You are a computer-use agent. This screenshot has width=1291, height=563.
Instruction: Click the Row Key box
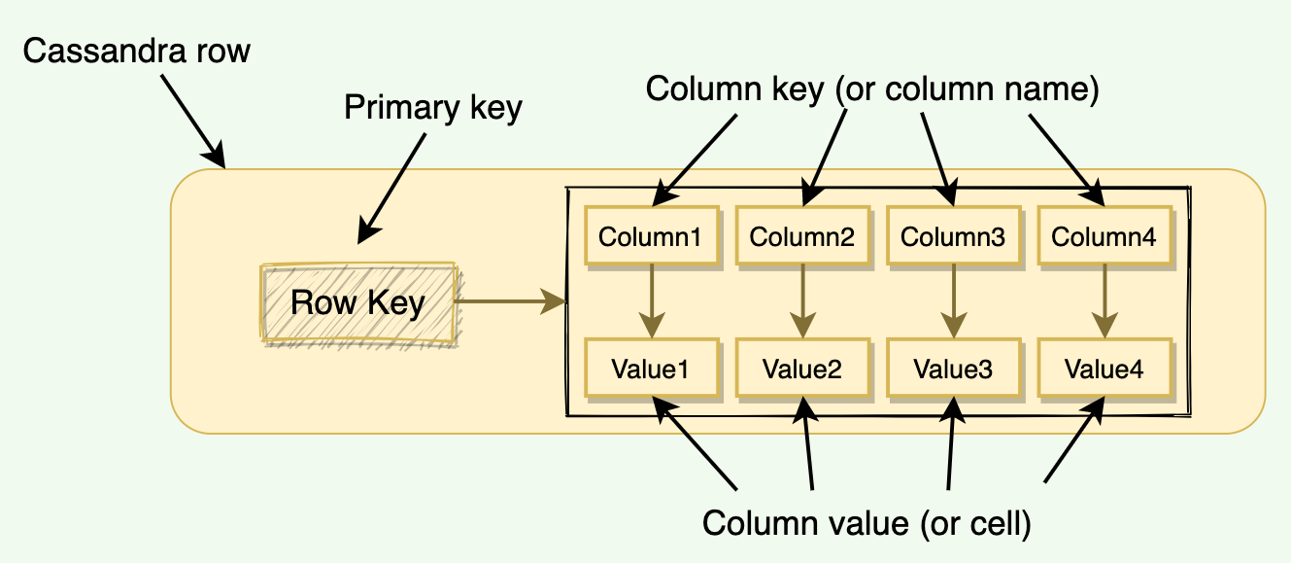(357, 302)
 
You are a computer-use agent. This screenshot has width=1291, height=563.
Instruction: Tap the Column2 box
(802, 235)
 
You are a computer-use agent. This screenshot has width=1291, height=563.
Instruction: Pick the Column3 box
(953, 235)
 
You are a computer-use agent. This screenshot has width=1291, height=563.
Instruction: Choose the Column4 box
(1104, 235)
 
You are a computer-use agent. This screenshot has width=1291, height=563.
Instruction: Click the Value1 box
(651, 369)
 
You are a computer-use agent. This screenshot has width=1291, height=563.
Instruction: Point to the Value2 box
(802, 369)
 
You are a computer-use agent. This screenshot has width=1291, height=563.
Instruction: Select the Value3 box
(953, 369)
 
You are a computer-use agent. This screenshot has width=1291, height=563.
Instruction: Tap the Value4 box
(1104, 369)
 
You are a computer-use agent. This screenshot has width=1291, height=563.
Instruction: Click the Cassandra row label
(137, 52)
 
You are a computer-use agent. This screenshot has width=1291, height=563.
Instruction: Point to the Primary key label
(433, 108)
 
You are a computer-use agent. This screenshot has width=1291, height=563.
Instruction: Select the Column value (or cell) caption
(866, 522)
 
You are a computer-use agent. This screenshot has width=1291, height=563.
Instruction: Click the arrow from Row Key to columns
(510, 302)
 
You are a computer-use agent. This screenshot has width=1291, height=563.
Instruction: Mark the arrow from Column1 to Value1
(651, 301)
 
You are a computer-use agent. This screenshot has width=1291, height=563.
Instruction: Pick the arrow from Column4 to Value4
(1104, 301)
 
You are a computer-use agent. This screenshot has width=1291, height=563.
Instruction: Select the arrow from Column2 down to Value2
(802, 301)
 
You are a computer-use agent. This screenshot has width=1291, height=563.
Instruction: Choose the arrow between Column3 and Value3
(953, 301)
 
